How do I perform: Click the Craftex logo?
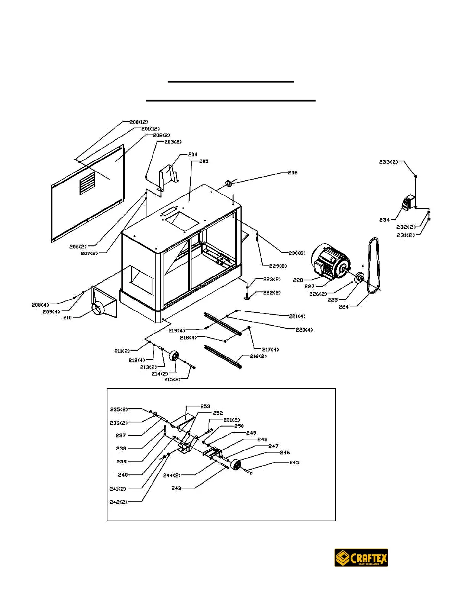[x=361, y=558]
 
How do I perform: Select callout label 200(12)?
[x=139, y=122]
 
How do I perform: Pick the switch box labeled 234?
[x=409, y=202]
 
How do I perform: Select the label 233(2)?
[x=388, y=162]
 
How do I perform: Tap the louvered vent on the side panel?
[x=87, y=183]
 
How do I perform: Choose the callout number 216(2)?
[x=258, y=356]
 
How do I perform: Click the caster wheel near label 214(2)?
[x=174, y=355]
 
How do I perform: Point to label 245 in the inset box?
[x=294, y=463]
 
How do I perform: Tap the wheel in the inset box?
[x=235, y=465]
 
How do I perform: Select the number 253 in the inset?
[x=205, y=406]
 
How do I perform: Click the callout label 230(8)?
[x=297, y=253]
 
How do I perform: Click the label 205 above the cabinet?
[x=204, y=161]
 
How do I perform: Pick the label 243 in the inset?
[x=176, y=488]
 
